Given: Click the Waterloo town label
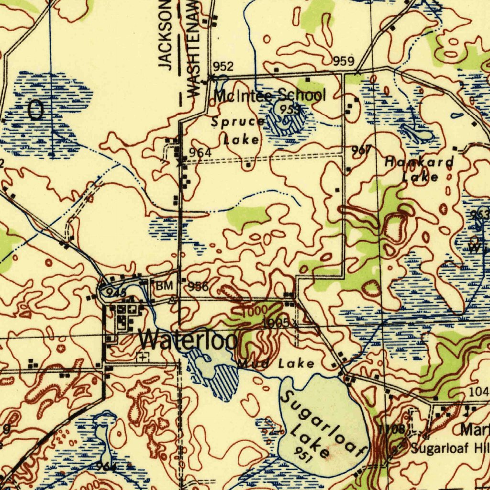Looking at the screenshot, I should point(189,340).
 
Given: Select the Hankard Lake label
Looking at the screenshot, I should point(420,169).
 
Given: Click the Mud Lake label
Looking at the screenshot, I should point(276,364).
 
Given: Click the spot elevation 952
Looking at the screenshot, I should point(223,66).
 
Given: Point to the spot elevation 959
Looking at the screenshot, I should point(344,61).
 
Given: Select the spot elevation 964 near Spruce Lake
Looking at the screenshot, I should point(200,153).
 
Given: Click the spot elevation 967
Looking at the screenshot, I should point(362,150).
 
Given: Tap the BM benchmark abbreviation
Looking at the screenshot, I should point(164,286).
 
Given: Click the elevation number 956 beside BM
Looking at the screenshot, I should point(198,286).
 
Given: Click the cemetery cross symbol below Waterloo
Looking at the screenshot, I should point(143,356).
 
